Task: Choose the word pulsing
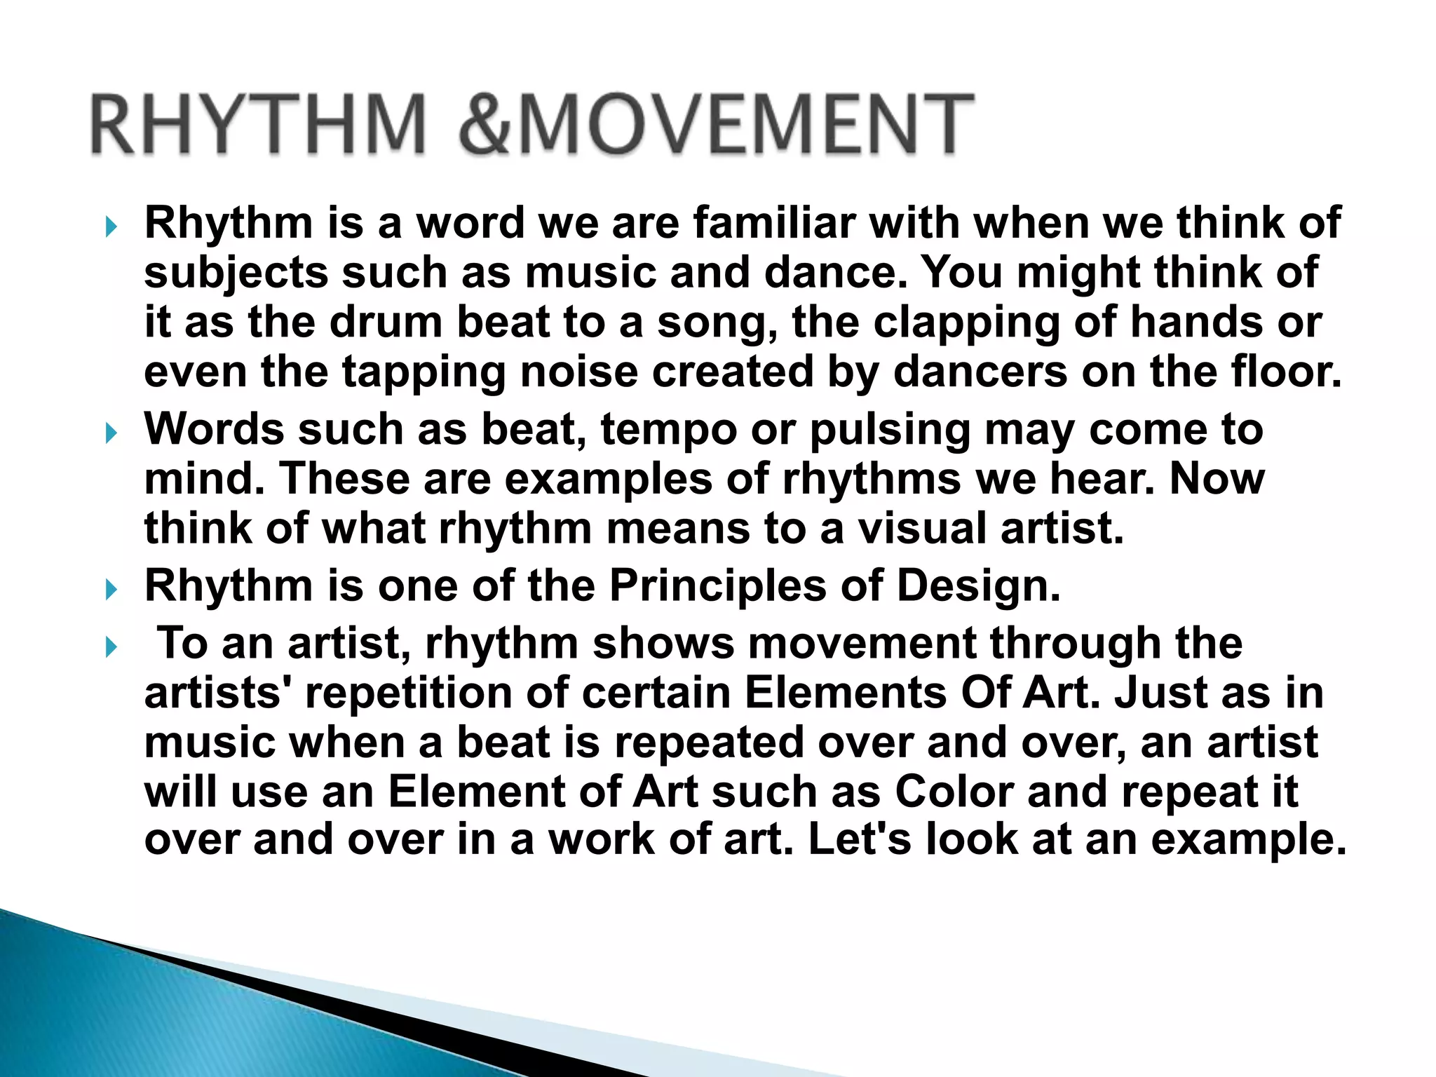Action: click(x=890, y=430)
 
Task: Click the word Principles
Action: click(x=718, y=585)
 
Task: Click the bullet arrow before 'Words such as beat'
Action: click(x=110, y=433)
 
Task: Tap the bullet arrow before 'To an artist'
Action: click(x=110, y=647)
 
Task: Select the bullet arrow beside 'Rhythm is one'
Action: click(x=110, y=589)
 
